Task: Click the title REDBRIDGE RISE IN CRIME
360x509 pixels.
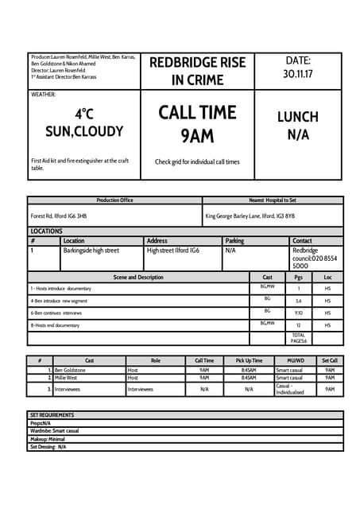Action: (x=198, y=71)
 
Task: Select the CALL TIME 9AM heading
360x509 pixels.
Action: (x=198, y=123)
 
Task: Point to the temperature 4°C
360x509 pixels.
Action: (x=84, y=115)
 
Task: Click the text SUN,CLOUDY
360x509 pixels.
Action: (x=84, y=131)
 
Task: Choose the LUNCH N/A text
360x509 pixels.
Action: (x=298, y=126)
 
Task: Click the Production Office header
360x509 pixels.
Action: (x=114, y=200)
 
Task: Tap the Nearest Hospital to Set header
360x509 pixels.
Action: (x=273, y=200)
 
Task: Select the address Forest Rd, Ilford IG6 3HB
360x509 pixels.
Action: (x=59, y=216)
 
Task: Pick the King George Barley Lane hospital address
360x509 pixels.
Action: (x=250, y=216)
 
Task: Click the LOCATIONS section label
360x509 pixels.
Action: (x=46, y=231)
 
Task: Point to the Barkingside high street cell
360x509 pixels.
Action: (x=91, y=251)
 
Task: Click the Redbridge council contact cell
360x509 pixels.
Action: (x=314, y=258)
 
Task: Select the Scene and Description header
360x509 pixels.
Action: (x=138, y=278)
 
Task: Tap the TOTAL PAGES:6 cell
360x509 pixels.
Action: (x=299, y=338)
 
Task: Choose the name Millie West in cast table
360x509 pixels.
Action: (x=66, y=379)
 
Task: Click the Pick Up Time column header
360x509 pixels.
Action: (x=249, y=361)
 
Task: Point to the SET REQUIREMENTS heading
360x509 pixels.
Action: (x=52, y=415)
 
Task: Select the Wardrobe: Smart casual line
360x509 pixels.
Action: (x=55, y=431)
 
